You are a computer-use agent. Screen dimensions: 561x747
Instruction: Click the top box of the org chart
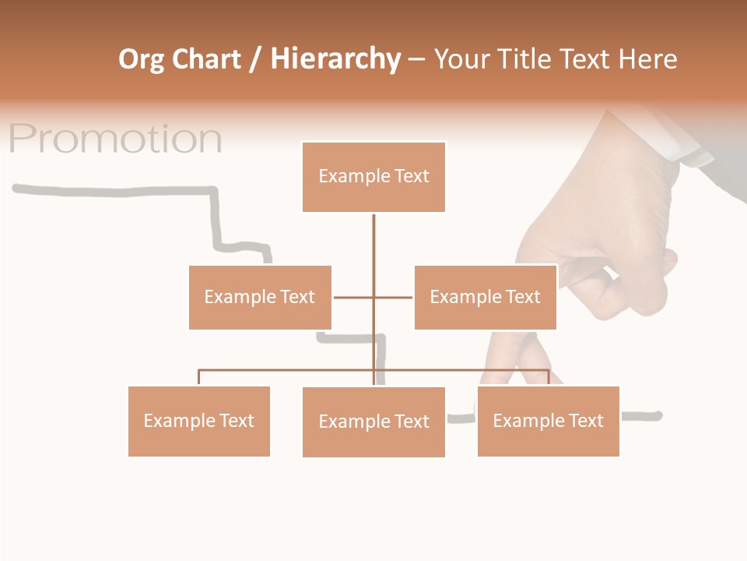373,177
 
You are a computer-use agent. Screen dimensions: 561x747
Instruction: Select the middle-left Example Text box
260,297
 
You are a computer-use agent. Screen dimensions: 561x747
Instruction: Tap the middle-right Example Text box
485,297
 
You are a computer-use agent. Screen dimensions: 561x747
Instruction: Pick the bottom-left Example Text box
198,421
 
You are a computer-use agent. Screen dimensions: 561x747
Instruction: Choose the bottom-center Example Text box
373,422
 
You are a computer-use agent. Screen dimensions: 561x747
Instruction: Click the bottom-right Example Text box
548,421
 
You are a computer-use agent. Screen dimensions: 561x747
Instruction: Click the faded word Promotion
115,139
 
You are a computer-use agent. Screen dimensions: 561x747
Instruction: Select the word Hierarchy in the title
335,59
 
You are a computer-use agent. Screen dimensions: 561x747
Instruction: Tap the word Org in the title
141,59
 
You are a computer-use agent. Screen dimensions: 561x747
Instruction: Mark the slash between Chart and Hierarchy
255,59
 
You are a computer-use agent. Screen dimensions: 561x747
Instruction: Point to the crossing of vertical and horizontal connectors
373,297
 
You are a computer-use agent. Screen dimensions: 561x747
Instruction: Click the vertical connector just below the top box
373,234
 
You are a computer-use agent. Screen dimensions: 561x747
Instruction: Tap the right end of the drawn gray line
658,415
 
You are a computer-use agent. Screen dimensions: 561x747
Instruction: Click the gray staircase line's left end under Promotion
17,188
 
